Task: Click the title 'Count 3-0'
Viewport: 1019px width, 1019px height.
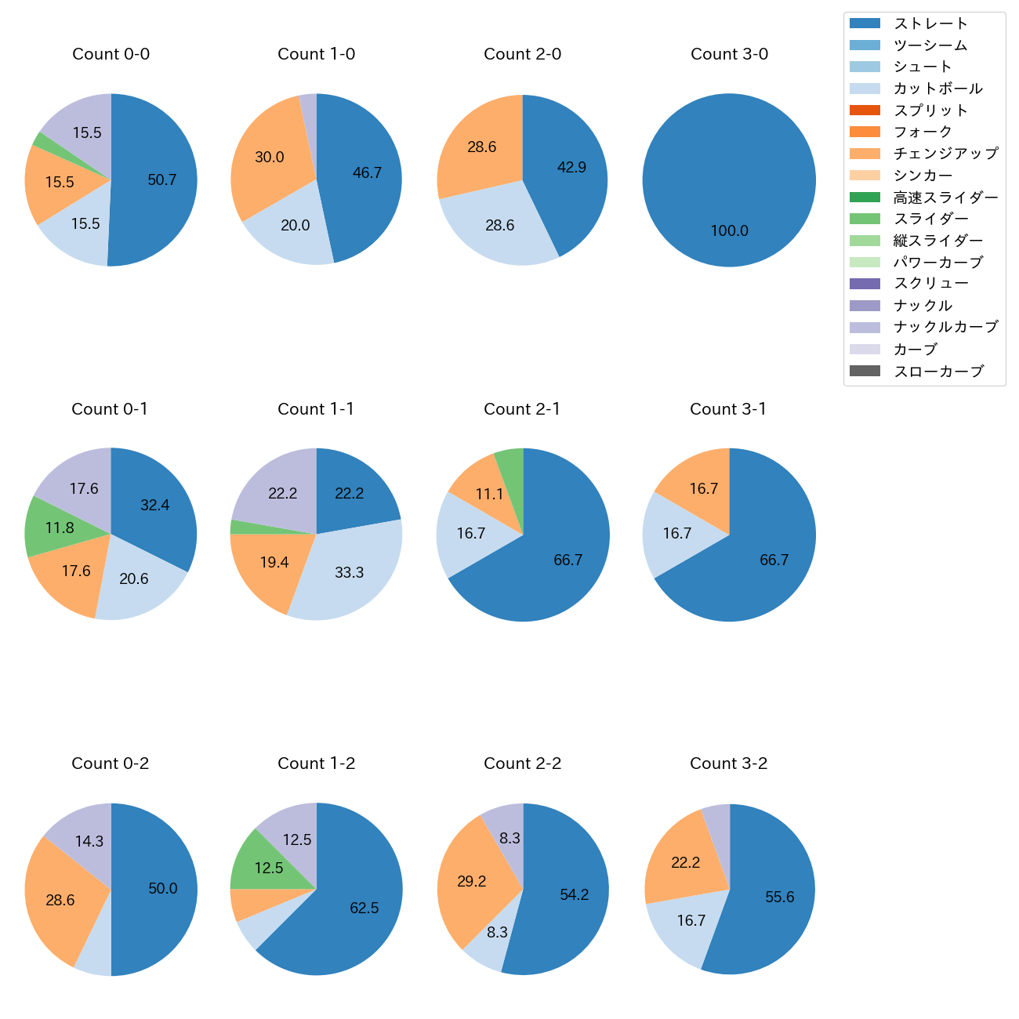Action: [x=729, y=54]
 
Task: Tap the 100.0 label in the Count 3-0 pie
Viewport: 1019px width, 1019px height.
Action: [x=729, y=230]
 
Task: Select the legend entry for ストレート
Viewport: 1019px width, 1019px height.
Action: [x=930, y=24]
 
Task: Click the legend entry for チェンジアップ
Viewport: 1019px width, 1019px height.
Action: [x=945, y=154]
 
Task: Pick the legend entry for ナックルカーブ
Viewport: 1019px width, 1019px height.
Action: [x=945, y=327]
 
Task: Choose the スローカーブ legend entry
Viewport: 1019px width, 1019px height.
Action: [x=938, y=371]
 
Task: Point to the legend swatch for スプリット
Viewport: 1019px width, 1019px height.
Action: [x=865, y=110]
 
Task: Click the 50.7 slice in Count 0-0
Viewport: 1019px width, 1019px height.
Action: [x=161, y=180]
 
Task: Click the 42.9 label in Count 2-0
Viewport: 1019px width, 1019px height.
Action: [x=571, y=167]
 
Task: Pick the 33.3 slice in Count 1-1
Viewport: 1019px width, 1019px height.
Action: [x=349, y=572]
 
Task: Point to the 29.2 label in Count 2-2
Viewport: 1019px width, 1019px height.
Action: [x=472, y=881]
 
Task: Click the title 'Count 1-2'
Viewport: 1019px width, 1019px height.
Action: [x=316, y=763]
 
